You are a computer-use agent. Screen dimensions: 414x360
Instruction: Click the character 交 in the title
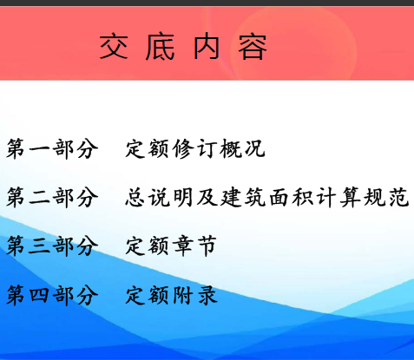pyautogui.click(x=114, y=47)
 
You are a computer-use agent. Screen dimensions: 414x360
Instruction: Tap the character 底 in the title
pyautogui.click(x=160, y=47)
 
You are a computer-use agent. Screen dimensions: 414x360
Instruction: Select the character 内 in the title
pyautogui.click(x=207, y=47)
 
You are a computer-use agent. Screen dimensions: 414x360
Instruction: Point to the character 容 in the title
pyautogui.click(x=253, y=48)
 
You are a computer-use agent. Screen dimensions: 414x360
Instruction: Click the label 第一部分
pyautogui.click(x=52, y=148)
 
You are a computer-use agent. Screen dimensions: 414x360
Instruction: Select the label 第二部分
pyautogui.click(x=52, y=198)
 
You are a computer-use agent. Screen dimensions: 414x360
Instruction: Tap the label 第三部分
pyautogui.click(x=52, y=246)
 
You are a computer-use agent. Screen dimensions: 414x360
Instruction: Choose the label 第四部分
pyautogui.click(x=52, y=295)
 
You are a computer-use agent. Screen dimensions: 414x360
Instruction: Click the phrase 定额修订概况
pyautogui.click(x=195, y=148)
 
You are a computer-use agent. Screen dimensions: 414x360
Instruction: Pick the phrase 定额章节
pyautogui.click(x=171, y=246)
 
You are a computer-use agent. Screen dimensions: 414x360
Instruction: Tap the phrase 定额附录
pyautogui.click(x=171, y=295)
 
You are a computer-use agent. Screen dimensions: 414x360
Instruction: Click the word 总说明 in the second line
pyautogui.click(x=159, y=198)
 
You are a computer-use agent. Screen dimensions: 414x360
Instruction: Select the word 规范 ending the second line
pyautogui.click(x=386, y=198)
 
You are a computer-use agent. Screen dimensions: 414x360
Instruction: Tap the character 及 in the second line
pyautogui.click(x=207, y=198)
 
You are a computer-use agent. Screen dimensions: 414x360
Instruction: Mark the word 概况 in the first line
pyautogui.click(x=242, y=148)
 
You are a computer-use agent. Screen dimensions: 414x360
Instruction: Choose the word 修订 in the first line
pyautogui.click(x=194, y=148)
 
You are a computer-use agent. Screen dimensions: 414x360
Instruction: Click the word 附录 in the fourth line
pyautogui.click(x=195, y=295)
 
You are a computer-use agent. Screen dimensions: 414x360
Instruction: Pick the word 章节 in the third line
pyautogui.click(x=195, y=246)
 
